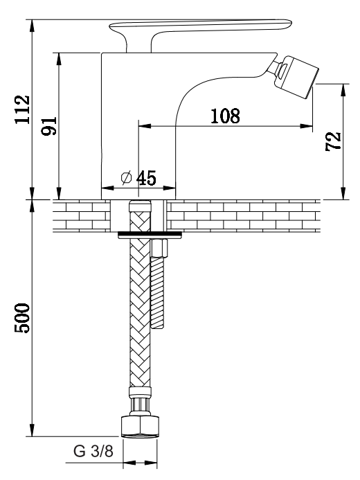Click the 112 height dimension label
[23, 109]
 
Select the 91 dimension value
[49, 126]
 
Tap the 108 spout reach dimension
[226, 116]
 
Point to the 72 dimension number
[333, 141]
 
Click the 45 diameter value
[146, 178]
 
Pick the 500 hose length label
[23, 318]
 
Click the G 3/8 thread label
[93, 451]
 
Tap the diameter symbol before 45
[126, 178]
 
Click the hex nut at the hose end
[141, 426]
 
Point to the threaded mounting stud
[158, 292]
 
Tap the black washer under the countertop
[150, 235]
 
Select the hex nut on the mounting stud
[159, 247]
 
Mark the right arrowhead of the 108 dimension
[307, 125]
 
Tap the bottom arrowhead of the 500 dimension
[32, 430]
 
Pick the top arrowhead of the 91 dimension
[59, 59]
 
